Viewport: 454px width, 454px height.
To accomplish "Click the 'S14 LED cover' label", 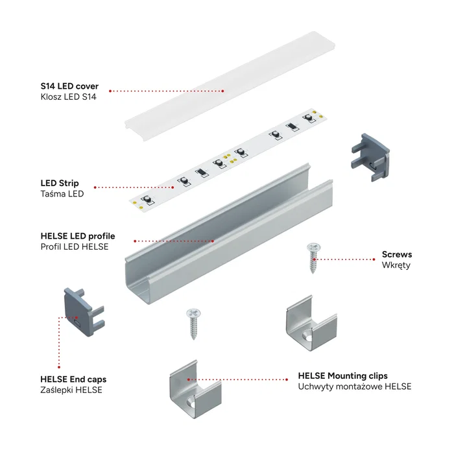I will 69,86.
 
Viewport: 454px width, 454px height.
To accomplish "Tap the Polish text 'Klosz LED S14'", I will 68,97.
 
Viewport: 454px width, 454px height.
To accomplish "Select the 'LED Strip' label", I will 60,183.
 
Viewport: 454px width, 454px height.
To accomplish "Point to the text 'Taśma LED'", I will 62,194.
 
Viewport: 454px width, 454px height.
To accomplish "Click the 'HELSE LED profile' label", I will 77,236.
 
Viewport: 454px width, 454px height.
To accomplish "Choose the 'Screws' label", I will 396,254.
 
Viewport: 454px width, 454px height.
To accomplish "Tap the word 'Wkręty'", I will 396,265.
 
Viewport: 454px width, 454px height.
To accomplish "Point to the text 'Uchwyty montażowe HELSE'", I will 354,387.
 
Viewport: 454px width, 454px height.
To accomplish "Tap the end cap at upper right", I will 370,156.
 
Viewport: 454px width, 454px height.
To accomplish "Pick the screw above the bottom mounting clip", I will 193,323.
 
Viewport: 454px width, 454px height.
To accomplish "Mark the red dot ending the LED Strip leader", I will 176,187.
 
